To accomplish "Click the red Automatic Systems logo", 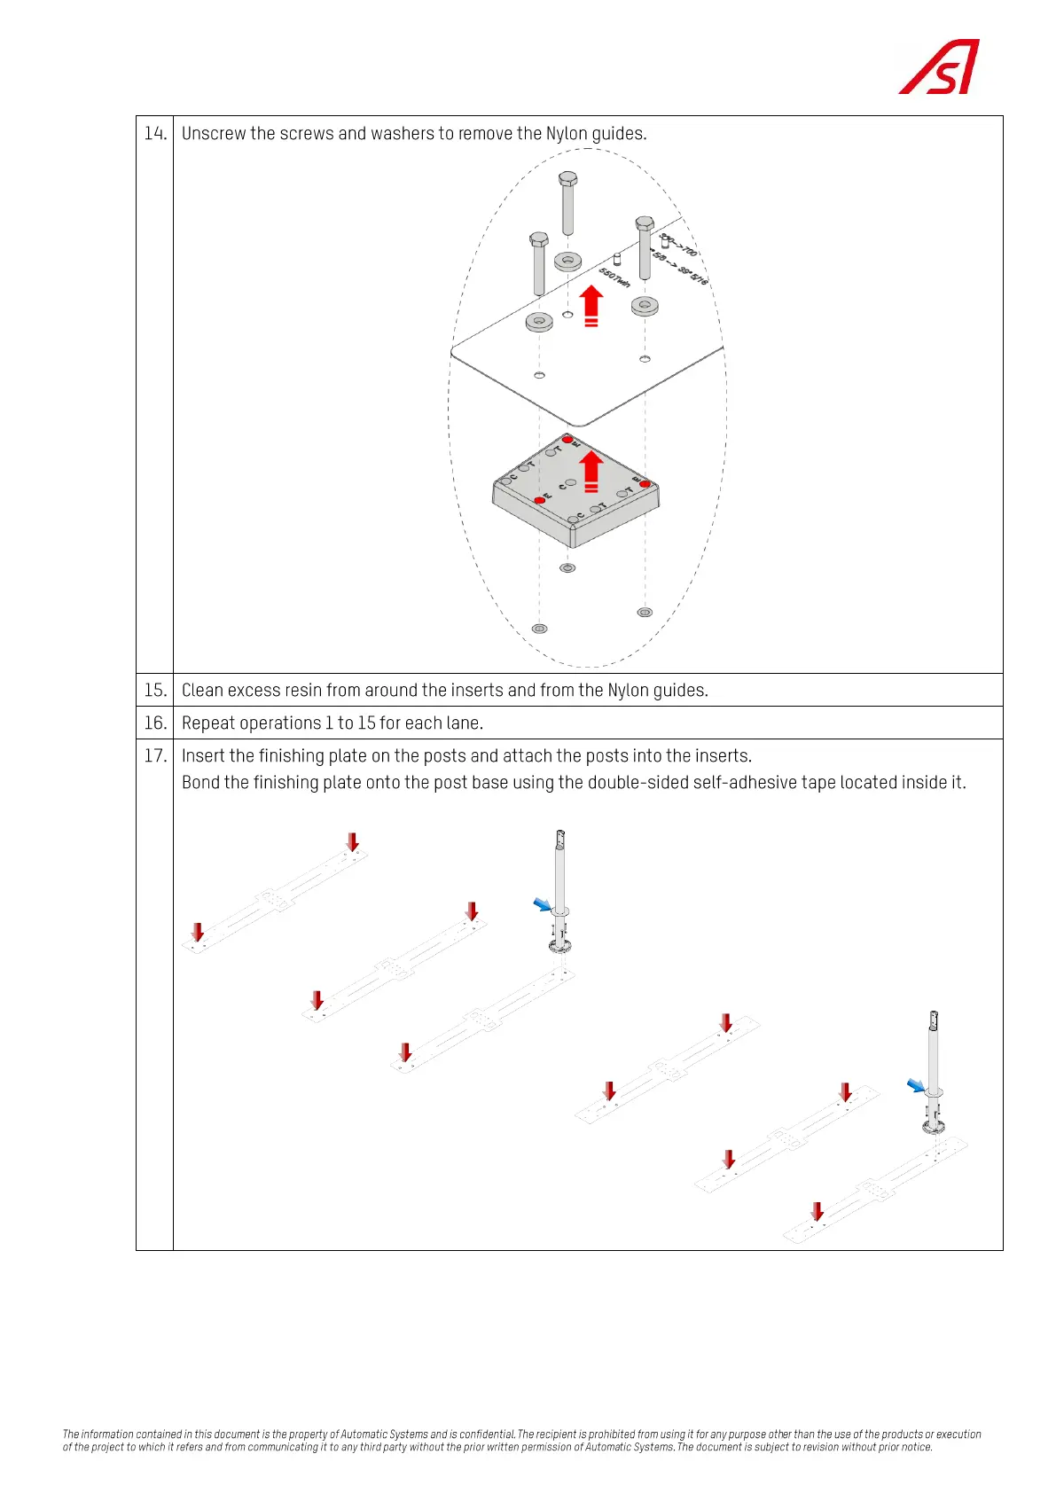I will [x=940, y=67].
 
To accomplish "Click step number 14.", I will [x=155, y=133].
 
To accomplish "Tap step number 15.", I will [x=155, y=690].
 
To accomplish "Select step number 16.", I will [x=155, y=723].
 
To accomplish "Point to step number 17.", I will [x=155, y=755].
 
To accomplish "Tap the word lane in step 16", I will [x=463, y=723].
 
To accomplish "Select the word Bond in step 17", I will [x=199, y=782].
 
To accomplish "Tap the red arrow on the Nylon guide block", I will [x=591, y=472].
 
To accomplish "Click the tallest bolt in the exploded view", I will [x=567, y=204].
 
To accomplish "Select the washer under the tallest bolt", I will [x=567, y=262].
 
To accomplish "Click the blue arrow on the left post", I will [x=542, y=904].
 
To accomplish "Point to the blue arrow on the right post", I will [x=916, y=1085].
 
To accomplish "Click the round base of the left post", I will [x=559, y=946].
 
